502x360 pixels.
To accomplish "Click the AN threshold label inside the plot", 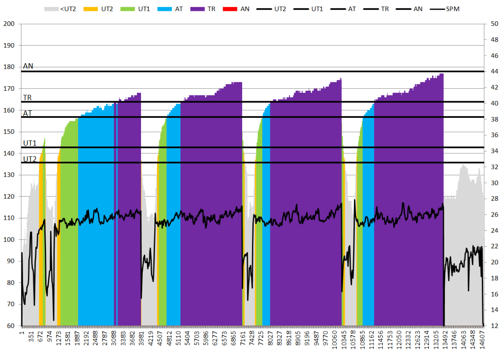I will (x=28, y=66).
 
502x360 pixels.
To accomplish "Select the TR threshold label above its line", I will (x=28, y=97).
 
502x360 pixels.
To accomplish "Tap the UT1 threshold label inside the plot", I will (x=30, y=143).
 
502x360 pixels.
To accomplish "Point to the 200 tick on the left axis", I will (x=9, y=24).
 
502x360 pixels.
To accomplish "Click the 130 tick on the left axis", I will (x=9, y=175).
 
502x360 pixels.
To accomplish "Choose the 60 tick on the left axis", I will (x=11, y=326).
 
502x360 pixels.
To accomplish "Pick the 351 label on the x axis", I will (x=31, y=339).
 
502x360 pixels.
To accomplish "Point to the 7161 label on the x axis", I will (x=243, y=341).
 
